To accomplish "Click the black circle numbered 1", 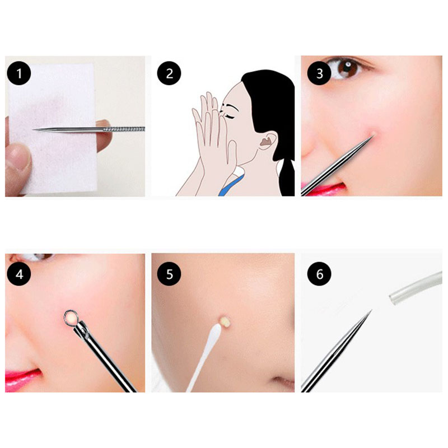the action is pos(19,73).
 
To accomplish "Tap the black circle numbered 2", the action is pos(169,73).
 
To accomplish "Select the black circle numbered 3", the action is pos(319,73).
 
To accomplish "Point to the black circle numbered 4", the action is pos(19,274).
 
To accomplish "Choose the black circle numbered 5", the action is pos(169,274).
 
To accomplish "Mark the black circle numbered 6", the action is pos(319,274).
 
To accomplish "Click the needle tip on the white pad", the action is pos(33,130).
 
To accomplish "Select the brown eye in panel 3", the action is pos(347,68).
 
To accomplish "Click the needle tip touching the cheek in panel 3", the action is pos(373,135).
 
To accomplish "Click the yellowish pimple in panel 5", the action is pos(224,321).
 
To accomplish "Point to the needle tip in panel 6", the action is pos(371,310).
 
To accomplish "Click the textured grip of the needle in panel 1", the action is pos(124,129).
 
